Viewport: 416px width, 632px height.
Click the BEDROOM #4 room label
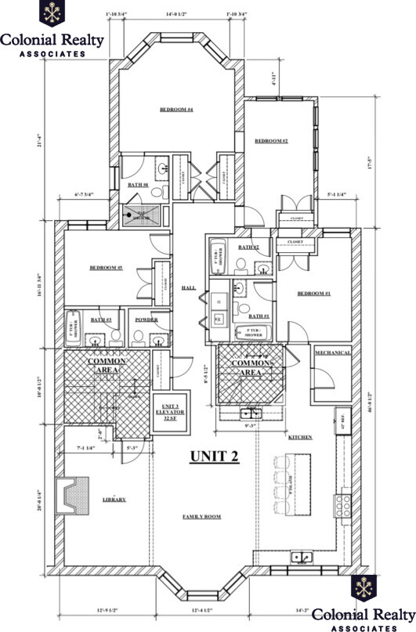pyautogui.click(x=176, y=110)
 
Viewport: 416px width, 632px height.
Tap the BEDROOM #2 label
pyautogui.click(x=272, y=141)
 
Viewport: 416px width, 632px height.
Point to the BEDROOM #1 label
pyautogui.click(x=314, y=294)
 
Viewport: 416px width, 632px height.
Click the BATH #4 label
pyautogui.click(x=139, y=186)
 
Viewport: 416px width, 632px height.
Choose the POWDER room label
pyautogui.click(x=147, y=320)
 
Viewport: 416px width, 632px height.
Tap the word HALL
pyautogui.click(x=188, y=288)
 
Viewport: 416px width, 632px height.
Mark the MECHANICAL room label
pyautogui.click(x=333, y=353)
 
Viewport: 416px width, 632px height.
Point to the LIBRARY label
pyautogui.click(x=114, y=499)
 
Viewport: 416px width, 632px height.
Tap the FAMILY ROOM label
pyautogui.click(x=201, y=518)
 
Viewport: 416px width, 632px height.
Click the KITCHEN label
pyautogui.click(x=299, y=436)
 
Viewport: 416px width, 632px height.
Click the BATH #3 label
pyautogui.click(x=101, y=320)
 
